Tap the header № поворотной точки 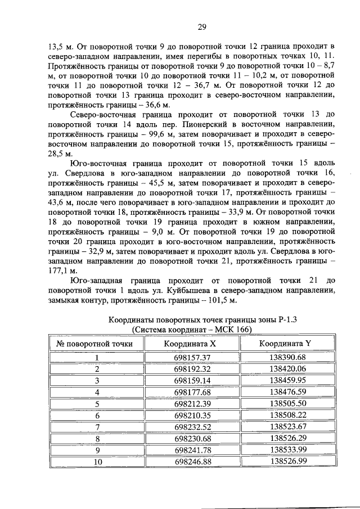[x=95, y=343]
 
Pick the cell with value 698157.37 [x=192, y=358]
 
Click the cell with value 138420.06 [x=287, y=369]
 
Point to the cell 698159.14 [x=192, y=380]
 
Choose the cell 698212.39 [x=192, y=403]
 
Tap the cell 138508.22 [x=287, y=415]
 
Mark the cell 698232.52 [x=192, y=426]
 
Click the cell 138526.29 [x=287, y=438]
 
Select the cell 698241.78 [x=192, y=449]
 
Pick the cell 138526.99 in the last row [x=287, y=461]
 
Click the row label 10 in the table [x=97, y=461]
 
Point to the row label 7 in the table [x=97, y=426]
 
